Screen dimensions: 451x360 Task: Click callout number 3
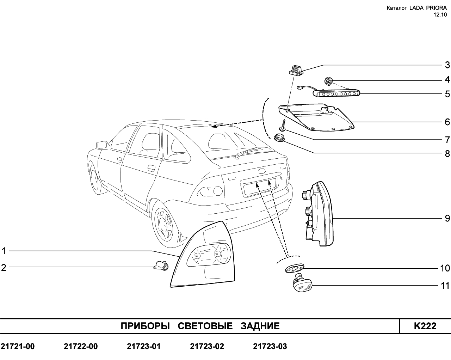coord(447,65)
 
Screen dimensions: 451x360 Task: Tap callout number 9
coord(447,218)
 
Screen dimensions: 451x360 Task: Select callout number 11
coord(445,286)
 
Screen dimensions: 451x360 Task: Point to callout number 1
coord(4,251)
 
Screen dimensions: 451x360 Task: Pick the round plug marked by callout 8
coord(279,138)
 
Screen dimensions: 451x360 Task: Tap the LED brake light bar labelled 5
coord(336,93)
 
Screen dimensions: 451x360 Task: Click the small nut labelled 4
coord(328,81)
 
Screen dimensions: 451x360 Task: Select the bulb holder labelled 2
coord(161,266)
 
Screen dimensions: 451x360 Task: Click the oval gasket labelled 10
coord(294,268)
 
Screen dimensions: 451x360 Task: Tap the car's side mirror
coord(101,145)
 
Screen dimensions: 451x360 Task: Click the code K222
coord(425,326)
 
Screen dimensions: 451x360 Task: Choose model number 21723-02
coord(207,346)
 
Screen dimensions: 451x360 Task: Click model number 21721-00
coord(18,346)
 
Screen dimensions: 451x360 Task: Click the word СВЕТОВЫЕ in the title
coord(205,326)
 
